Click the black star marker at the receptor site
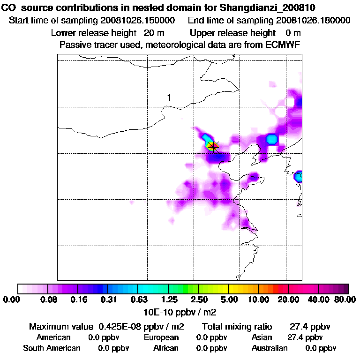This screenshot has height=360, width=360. [214, 147]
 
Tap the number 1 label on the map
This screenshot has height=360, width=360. [169, 97]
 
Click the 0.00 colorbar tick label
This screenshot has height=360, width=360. [13, 300]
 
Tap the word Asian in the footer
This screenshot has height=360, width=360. [262, 337]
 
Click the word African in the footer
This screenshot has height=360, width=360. [166, 348]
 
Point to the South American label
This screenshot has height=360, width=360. [52, 348]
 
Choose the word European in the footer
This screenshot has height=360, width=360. [161, 337]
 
